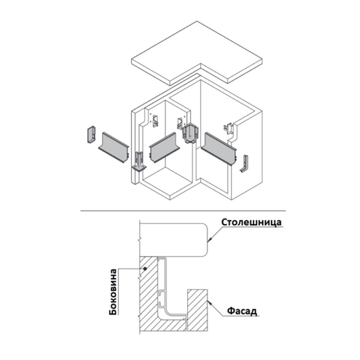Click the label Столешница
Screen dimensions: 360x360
[x=251, y=222]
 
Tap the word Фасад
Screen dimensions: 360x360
[x=242, y=311]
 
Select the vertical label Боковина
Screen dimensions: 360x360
[x=113, y=292]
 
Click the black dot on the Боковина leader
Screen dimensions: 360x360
[x=145, y=269]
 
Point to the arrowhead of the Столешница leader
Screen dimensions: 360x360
[x=210, y=240]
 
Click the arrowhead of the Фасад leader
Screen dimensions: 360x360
[x=210, y=303]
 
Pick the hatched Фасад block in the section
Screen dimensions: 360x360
[x=197, y=310]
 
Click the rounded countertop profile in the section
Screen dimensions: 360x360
[x=174, y=240]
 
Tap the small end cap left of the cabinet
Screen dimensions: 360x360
[x=91, y=135]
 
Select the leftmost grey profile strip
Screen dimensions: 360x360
[x=114, y=148]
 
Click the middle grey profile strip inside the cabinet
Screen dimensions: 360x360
[x=165, y=147]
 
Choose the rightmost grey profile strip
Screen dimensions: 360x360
[x=219, y=149]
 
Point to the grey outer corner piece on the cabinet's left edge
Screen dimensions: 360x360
[x=139, y=161]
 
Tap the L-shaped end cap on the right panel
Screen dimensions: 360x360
[x=244, y=164]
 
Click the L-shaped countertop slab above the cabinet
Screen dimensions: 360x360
[x=197, y=53]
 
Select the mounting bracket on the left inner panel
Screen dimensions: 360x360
[x=156, y=121]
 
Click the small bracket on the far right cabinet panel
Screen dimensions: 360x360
[x=228, y=127]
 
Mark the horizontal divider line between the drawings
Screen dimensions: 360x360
[x=183, y=211]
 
